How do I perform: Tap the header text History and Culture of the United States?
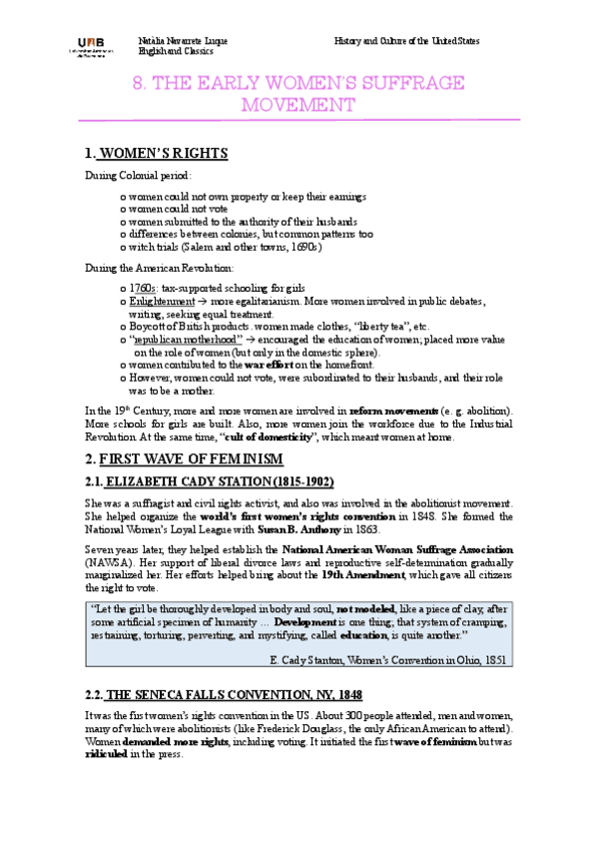(x=406, y=41)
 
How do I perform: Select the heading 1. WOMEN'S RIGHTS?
(x=157, y=154)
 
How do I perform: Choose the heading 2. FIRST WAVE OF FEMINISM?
(x=184, y=459)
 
